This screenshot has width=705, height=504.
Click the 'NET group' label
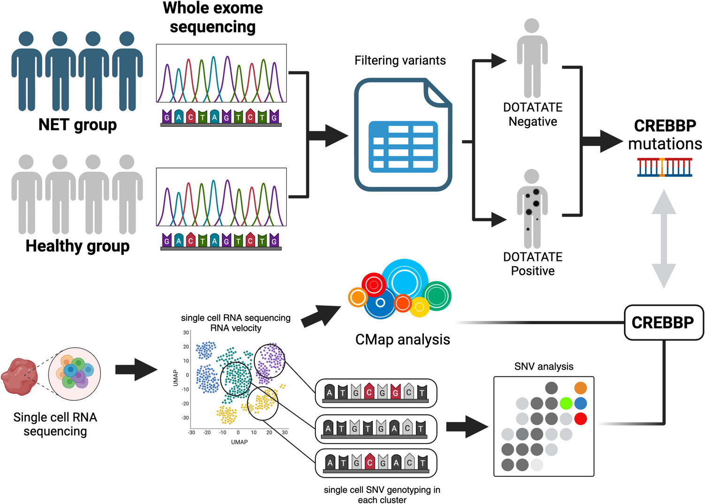pyautogui.click(x=77, y=125)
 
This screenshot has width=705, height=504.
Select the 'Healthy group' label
pyautogui.click(x=77, y=246)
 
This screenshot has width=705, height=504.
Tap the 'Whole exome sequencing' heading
pyautogui.click(x=213, y=17)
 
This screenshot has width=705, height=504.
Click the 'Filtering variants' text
pyautogui.click(x=400, y=61)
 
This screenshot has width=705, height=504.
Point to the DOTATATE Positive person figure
pyautogui.click(x=532, y=209)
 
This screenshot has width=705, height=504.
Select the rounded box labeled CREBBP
pyautogui.click(x=663, y=322)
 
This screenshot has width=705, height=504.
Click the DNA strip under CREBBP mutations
pyautogui.click(x=664, y=167)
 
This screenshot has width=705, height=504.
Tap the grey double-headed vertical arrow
pyautogui.click(x=664, y=238)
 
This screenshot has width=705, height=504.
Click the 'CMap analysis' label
pyautogui.click(x=402, y=339)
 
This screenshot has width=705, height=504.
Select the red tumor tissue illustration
pyautogui.click(x=19, y=376)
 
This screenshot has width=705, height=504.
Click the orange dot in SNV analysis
pyautogui.click(x=581, y=388)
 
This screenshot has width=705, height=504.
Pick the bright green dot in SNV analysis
pyautogui.click(x=566, y=403)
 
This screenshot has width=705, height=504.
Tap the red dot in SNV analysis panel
pyautogui.click(x=581, y=419)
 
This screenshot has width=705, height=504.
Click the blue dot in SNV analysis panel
pyautogui.click(x=581, y=403)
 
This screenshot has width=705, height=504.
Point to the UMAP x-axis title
pyautogui.click(x=239, y=442)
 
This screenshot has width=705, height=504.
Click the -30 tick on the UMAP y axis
pyautogui.click(x=185, y=418)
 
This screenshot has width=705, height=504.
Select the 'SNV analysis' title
pyautogui.click(x=544, y=367)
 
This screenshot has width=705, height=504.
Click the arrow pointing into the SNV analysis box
pyautogui.click(x=467, y=427)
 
